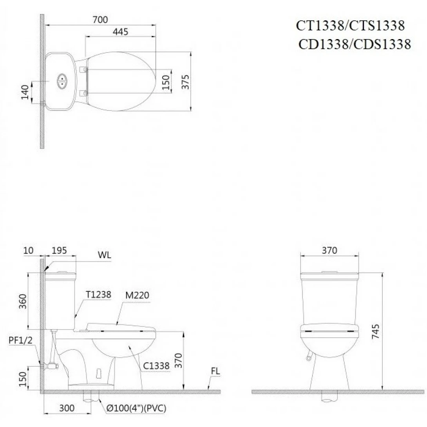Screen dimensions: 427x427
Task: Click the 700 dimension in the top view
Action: pyautogui.click(x=100, y=19)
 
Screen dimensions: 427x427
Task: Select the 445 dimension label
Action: pyautogui.click(x=120, y=32)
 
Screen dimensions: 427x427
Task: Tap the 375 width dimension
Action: pyautogui.click(x=186, y=81)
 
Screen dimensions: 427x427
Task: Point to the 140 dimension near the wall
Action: pyautogui.click(x=25, y=92)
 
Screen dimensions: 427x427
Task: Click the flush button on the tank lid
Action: pyautogui.click(x=62, y=81)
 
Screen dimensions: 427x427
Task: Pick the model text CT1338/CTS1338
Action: pyautogui.click(x=350, y=26)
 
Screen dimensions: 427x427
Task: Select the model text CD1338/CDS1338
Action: pyautogui.click(x=354, y=44)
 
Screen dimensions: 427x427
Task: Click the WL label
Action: pyautogui.click(x=104, y=255)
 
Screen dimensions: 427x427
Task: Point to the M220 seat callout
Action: pyautogui.click(x=137, y=295)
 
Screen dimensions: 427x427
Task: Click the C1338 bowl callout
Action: pyautogui.click(x=156, y=366)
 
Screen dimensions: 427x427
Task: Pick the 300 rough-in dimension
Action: pyautogui.click(x=67, y=408)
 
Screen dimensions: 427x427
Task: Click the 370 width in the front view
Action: pyautogui.click(x=329, y=250)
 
